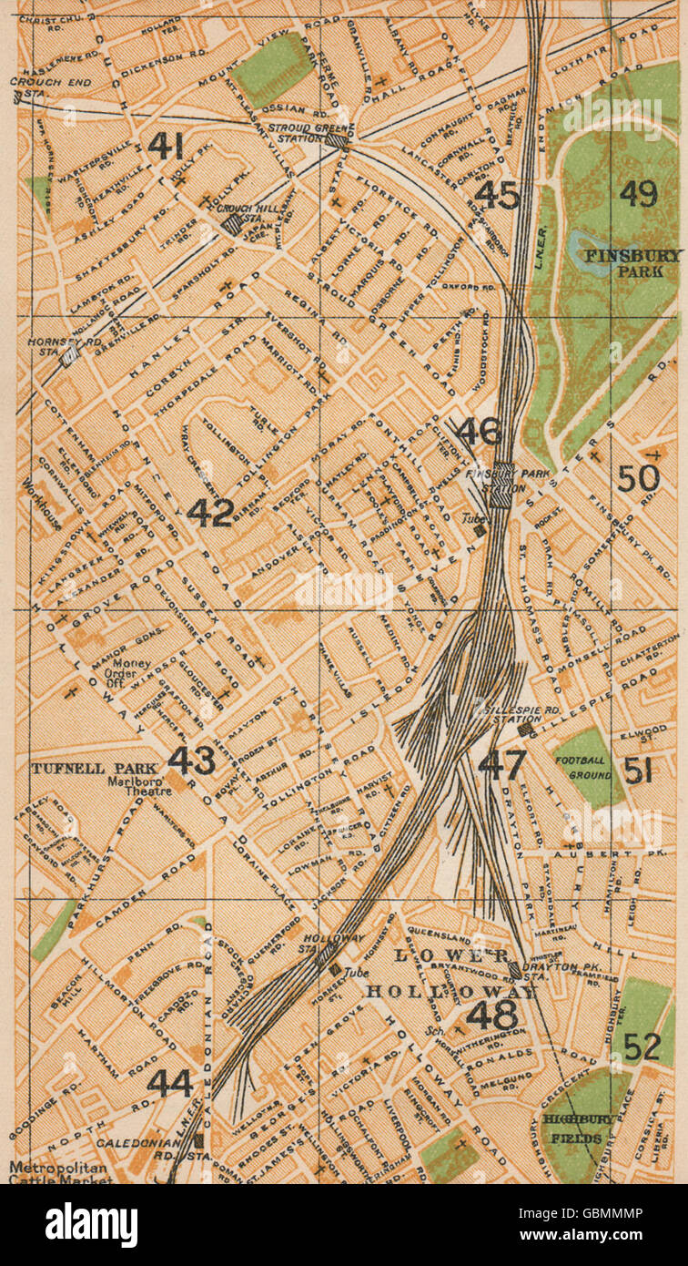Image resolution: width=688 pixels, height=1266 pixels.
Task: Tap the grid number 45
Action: coord(497,195)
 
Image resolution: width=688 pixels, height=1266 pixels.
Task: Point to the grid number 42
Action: coord(210,513)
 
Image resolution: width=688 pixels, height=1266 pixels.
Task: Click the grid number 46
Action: coord(479,432)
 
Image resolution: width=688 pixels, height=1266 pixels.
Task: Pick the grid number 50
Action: coord(638,477)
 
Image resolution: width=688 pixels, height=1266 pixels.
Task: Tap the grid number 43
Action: coord(191,760)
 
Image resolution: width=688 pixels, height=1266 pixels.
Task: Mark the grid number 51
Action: coord(638,771)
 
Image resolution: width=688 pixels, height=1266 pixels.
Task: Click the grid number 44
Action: coord(170,1083)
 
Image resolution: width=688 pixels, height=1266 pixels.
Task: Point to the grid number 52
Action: coord(642,1046)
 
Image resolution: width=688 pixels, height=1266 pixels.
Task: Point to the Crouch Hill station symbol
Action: coord(234,223)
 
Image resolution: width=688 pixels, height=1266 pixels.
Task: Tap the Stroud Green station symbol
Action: coord(338,140)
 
